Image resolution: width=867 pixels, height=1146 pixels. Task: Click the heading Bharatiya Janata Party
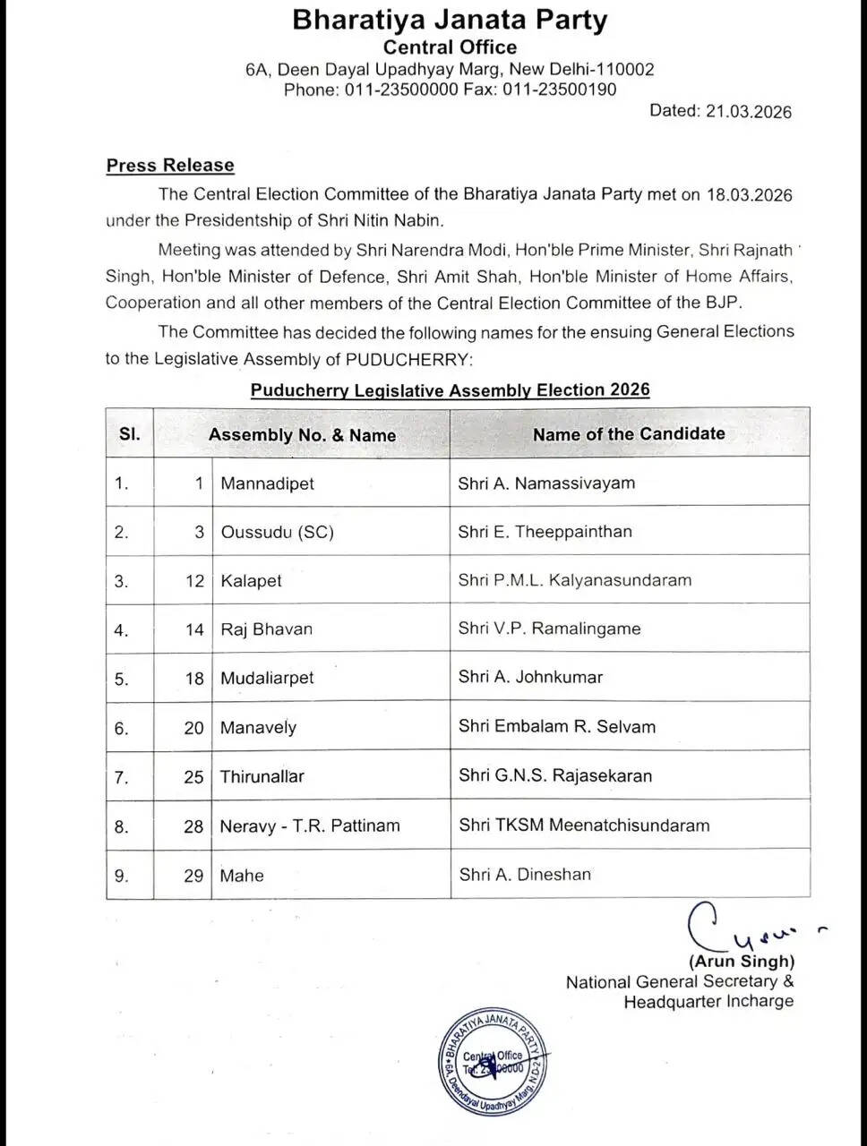[x=450, y=21]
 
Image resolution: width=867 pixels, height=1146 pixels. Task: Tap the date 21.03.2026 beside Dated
[x=749, y=111]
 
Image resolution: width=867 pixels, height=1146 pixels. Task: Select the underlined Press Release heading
[x=170, y=166]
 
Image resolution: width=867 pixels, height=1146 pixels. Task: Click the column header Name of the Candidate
[x=629, y=434]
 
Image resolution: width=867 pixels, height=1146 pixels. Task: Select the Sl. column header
[x=130, y=434]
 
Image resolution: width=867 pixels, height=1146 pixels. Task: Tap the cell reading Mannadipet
[x=267, y=484]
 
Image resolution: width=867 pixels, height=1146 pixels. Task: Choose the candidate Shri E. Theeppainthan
[x=545, y=532]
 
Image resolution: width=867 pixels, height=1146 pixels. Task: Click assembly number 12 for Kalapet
[x=195, y=581]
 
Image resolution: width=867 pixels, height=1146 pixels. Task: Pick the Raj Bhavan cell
[x=267, y=629]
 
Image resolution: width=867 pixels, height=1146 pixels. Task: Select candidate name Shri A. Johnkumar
[x=530, y=677]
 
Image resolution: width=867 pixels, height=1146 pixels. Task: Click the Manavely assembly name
[x=258, y=728]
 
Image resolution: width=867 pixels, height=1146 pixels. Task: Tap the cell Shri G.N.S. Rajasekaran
[x=555, y=775]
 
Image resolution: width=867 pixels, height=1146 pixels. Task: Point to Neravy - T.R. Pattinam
[x=310, y=825]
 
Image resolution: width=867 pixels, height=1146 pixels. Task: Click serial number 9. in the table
[x=122, y=876]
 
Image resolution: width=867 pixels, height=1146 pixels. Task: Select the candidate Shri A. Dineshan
[x=525, y=874]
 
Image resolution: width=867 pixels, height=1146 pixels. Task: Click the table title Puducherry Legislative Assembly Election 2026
[x=450, y=390]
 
